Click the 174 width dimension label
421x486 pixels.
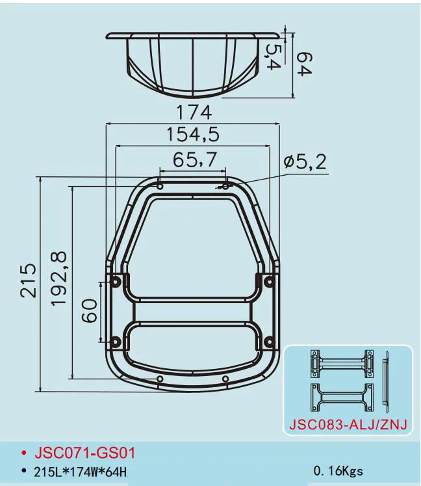coord(193,112)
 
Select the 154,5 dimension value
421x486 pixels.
coord(193,135)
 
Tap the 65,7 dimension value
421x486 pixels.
coord(193,160)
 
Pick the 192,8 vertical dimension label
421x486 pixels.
coord(59,280)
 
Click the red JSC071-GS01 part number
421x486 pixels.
coord(84,452)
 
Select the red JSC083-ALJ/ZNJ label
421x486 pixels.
coord(347,426)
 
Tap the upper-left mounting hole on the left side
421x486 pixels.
coord(116,281)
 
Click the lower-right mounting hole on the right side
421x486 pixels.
coord(268,341)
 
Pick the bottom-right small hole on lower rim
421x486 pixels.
coord(225,379)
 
